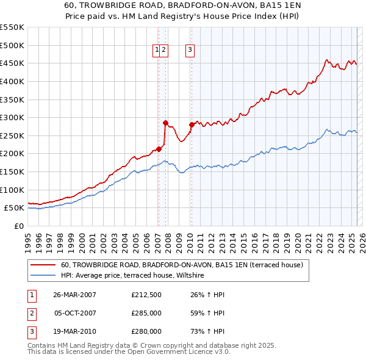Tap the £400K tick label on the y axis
12,81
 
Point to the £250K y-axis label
12,135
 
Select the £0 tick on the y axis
19,226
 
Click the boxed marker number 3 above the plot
190,51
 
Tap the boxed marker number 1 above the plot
157,51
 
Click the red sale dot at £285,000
165,123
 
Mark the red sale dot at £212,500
159,148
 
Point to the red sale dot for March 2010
192,124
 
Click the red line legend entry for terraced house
178,265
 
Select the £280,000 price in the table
146,332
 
